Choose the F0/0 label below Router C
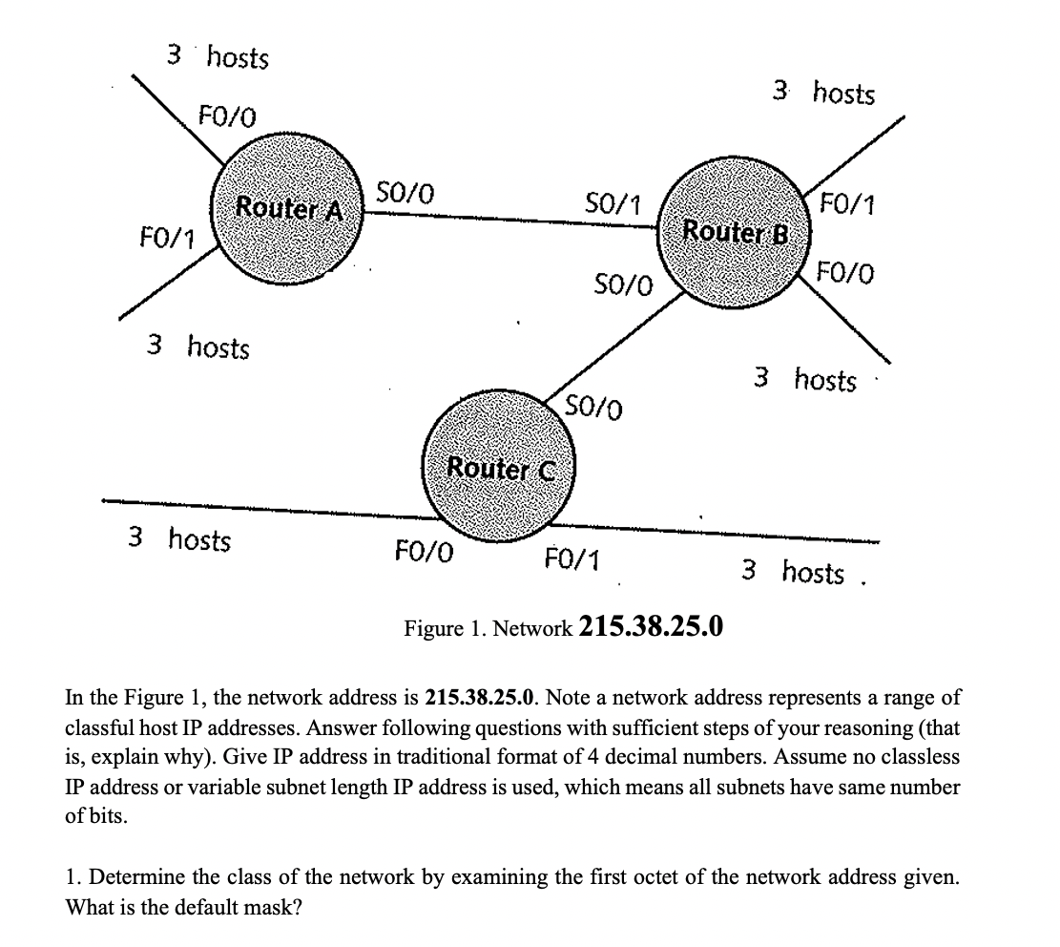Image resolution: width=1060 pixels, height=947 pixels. [424, 553]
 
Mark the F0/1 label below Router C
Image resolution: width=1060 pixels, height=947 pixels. [571, 557]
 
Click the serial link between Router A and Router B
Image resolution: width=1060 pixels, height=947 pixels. [506, 218]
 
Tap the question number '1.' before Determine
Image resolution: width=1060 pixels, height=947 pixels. [72, 876]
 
